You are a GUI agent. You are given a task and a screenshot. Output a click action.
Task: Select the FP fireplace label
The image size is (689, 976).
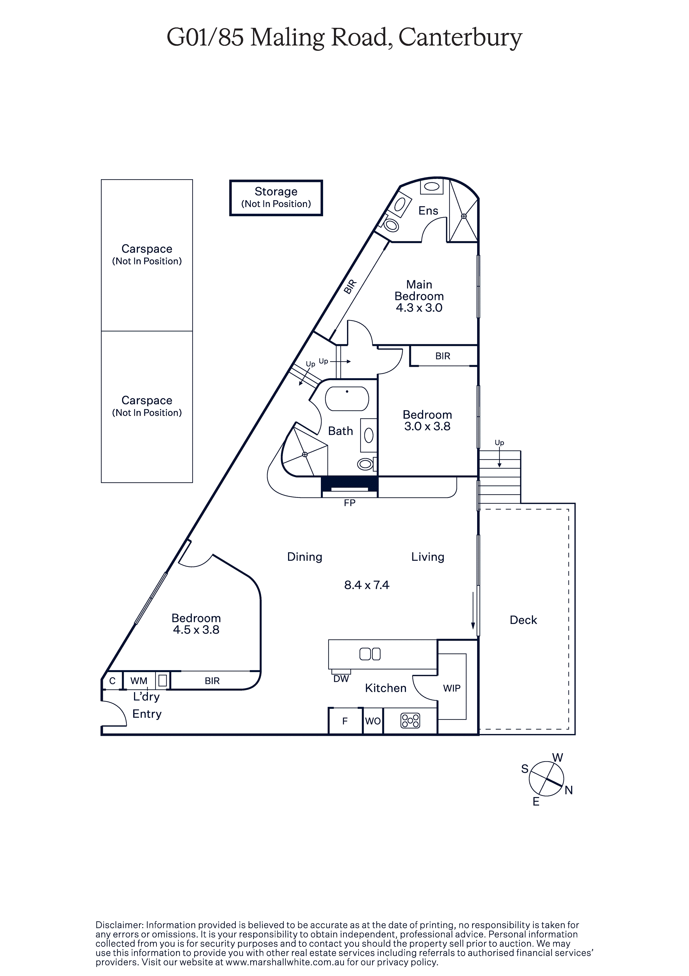tap(350, 503)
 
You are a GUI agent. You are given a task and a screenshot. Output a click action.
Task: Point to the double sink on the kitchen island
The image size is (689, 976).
tap(370, 654)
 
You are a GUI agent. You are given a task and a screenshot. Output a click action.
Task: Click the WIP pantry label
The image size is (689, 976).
tap(452, 688)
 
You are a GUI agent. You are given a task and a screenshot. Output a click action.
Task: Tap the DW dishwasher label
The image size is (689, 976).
tap(341, 679)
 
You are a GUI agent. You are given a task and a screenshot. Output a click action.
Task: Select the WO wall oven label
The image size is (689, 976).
tap(373, 721)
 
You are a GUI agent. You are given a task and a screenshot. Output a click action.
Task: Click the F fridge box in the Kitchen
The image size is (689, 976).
tap(345, 721)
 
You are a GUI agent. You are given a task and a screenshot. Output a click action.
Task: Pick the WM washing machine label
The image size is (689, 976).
tap(139, 680)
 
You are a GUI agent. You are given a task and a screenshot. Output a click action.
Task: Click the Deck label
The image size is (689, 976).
tap(523, 620)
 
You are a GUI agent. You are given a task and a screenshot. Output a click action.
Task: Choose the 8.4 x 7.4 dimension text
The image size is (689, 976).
tap(366, 585)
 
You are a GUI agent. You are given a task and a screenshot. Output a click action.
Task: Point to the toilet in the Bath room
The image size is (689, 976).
tap(365, 464)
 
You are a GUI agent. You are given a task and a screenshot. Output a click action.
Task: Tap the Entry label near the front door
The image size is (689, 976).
tap(147, 714)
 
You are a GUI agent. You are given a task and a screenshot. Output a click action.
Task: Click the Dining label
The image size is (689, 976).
tap(304, 557)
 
